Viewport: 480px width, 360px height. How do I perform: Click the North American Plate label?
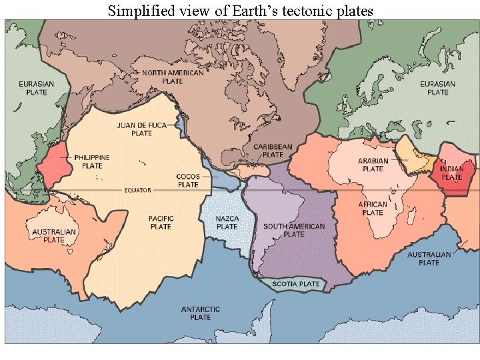173,77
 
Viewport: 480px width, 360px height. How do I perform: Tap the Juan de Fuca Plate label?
141,129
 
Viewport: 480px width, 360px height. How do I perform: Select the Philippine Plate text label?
92,161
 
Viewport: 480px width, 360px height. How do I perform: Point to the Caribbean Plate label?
272,150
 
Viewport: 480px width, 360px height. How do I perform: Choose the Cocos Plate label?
188,180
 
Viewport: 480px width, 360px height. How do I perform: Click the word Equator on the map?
137,190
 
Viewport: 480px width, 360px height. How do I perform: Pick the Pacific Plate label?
161,222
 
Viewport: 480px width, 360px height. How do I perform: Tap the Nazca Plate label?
227,222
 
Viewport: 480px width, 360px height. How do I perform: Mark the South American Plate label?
294,230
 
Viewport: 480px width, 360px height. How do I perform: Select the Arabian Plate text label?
373,165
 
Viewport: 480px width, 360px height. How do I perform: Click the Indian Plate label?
451,173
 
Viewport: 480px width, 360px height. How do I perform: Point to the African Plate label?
373,209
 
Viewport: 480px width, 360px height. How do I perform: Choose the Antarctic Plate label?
201,313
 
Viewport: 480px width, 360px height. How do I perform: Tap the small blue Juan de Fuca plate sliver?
180,124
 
